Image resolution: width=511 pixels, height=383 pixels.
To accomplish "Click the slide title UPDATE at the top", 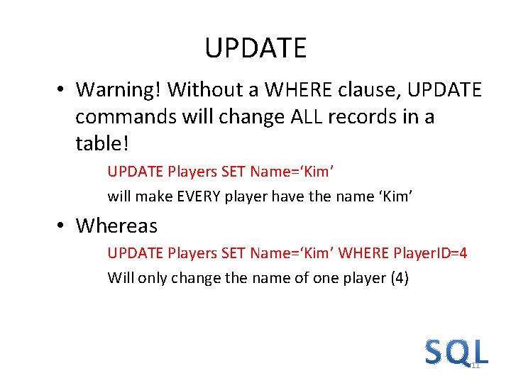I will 255,48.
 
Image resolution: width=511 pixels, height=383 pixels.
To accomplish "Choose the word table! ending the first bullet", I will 102,144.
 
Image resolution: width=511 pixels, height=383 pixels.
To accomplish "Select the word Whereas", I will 116,226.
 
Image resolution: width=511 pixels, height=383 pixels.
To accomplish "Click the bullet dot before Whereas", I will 62,226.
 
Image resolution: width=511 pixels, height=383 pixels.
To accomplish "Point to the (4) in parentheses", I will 400,278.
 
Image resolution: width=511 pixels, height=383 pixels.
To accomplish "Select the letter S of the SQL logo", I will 434,352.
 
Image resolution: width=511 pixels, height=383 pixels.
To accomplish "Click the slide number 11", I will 476,365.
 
